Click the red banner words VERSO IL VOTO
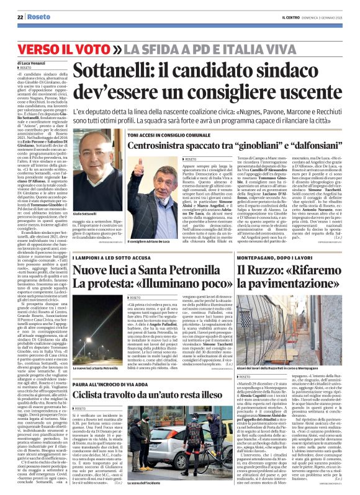pos(70,49)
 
